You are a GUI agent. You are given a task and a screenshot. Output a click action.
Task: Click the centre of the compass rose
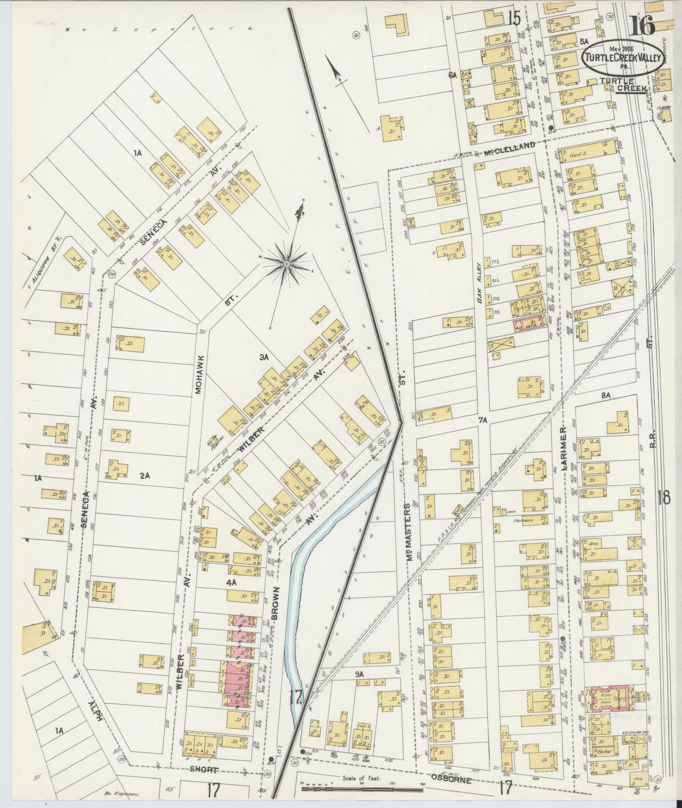tap(286, 264)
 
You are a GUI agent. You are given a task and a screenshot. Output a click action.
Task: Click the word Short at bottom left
tap(205, 770)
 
